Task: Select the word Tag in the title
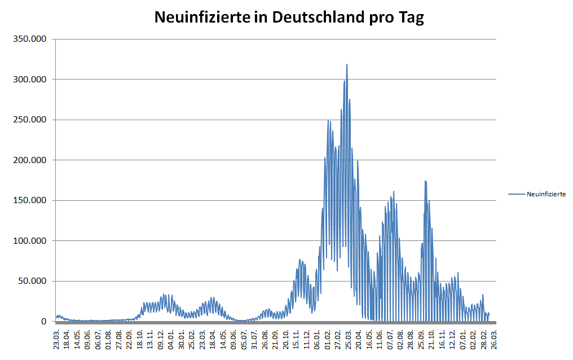click(x=411, y=17)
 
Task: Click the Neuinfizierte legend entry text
click(x=546, y=194)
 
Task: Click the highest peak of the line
click(x=347, y=64)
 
